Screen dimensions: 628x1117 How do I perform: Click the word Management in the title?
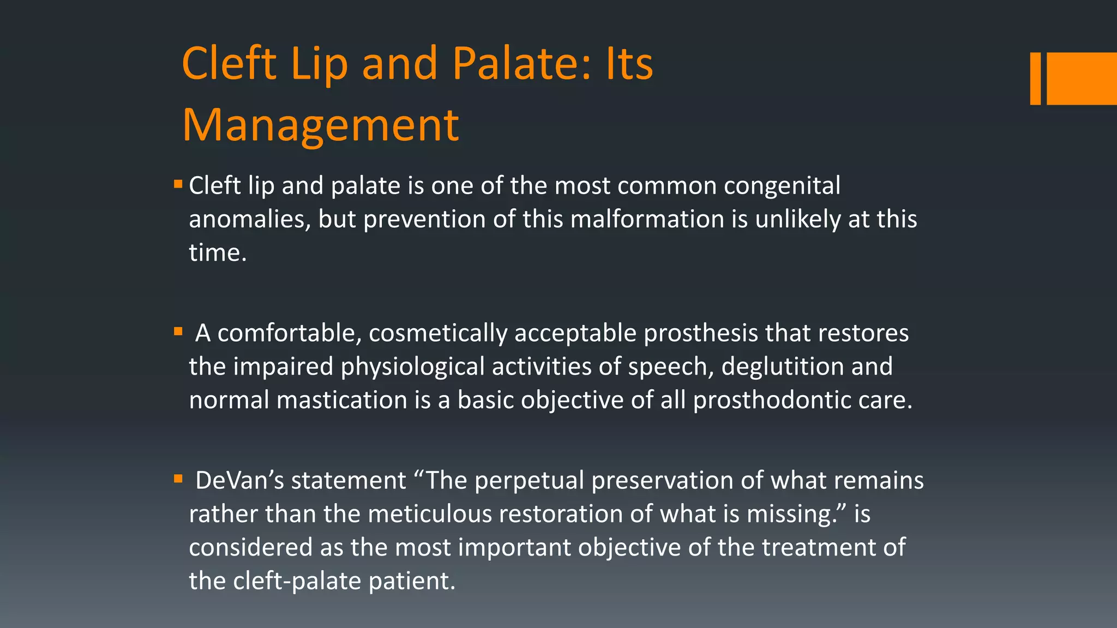click(x=321, y=125)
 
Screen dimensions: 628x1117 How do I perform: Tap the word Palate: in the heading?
click(x=521, y=63)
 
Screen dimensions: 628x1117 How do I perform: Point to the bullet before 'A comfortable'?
click(x=178, y=331)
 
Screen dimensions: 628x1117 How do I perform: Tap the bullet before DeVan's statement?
click(x=178, y=479)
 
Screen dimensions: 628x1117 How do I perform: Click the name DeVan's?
click(x=239, y=481)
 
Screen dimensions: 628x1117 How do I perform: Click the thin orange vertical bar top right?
click(x=1035, y=78)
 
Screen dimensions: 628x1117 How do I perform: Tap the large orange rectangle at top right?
click(x=1082, y=78)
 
